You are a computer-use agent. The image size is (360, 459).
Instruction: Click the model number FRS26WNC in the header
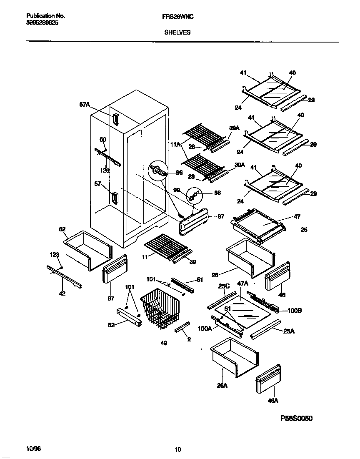coord(177,17)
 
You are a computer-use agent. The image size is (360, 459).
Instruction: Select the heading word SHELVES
coord(177,32)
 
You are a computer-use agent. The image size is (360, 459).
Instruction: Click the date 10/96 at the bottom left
coord(33,449)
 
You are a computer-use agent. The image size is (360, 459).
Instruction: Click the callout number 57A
coord(85,105)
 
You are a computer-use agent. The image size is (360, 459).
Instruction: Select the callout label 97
coord(221,216)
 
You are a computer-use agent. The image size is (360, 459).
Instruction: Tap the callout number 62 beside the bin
coord(62,229)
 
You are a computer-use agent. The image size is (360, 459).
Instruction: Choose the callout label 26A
coord(222,386)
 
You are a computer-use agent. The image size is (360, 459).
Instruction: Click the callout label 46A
coord(273,401)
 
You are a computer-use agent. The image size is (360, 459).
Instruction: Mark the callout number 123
coord(55,254)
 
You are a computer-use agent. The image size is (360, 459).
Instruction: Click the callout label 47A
coord(243,283)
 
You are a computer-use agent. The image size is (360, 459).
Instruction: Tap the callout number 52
coord(111,325)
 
